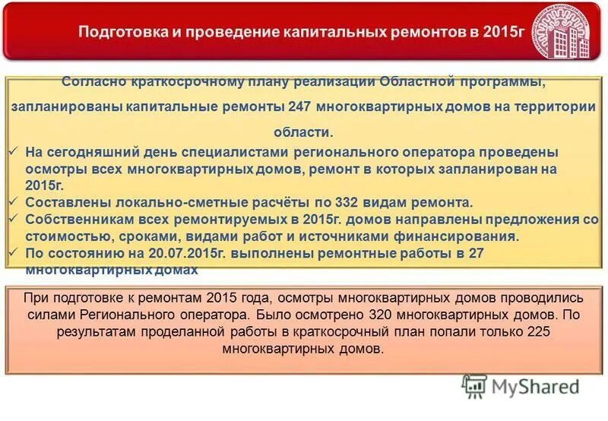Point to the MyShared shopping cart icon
(475, 387)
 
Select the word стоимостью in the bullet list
(63, 236)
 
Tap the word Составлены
(68, 203)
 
